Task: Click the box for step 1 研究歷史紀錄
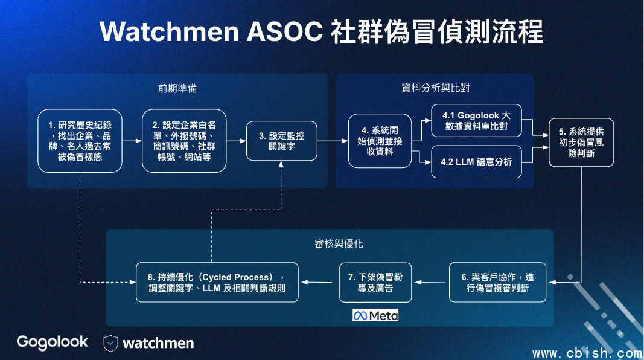80,141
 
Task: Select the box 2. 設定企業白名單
184,141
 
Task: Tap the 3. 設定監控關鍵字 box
282,141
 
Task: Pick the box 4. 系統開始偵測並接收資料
380,141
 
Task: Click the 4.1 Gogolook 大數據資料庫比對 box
476,120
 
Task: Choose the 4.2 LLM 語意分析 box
476,161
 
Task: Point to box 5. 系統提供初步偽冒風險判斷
581,142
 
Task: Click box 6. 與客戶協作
497,282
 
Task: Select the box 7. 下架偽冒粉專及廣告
375,282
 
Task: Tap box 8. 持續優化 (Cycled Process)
217,282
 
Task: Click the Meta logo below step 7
375,316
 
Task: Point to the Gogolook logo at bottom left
52,342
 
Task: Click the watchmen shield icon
110,343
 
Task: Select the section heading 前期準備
177,88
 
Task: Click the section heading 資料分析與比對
435,88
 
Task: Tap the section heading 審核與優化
339,243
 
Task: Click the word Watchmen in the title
169,31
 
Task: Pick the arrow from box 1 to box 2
132,141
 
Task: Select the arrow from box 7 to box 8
317,282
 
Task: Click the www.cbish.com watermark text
587,353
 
